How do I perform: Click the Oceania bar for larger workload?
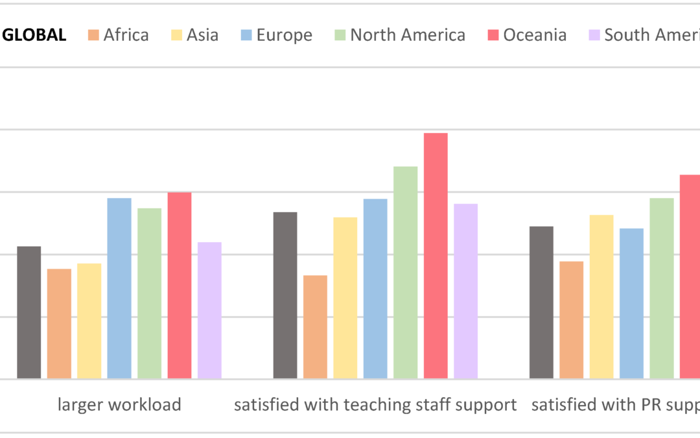180,286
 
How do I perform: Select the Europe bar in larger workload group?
119,288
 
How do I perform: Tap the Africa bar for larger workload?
59,324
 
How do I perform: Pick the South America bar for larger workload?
209,310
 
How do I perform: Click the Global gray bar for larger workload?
29,312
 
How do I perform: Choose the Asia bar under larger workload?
89,321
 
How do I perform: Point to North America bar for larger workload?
149,293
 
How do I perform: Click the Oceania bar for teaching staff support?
436,256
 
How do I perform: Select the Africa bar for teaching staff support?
315,327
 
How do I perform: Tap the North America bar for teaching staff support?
405,273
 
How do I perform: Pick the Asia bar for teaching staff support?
345,298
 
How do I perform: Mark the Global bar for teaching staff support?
285,295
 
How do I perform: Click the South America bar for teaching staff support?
465,291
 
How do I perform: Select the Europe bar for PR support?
631,304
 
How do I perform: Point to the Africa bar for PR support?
571,320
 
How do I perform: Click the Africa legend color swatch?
93,35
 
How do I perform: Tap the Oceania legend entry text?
535,35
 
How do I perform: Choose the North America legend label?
408,35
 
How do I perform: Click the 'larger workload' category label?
119,406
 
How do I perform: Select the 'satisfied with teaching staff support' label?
375,406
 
